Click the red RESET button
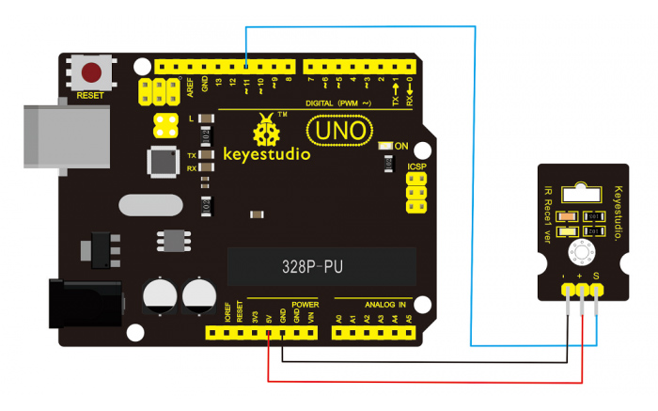[92, 72]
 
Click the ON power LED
[384, 146]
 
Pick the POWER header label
[305, 305]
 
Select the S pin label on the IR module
[596, 276]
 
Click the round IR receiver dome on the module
[582, 249]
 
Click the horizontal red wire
[423, 381]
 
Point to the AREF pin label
[191, 87]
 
